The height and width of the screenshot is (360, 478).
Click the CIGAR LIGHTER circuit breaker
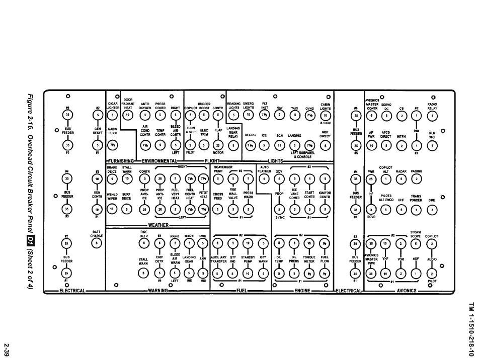click(113, 115)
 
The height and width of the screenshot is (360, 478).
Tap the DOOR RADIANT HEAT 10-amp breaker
click(128, 115)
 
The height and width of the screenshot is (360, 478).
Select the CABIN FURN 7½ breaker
click(113, 146)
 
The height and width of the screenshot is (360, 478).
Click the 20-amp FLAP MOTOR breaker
click(218, 146)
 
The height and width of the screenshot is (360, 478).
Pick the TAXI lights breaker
click(295, 115)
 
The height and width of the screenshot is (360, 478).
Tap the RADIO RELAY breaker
click(432, 115)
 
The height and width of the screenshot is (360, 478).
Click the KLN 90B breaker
click(432, 146)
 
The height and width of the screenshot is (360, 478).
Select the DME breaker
click(431, 210)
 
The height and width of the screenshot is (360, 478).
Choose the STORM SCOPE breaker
click(415, 244)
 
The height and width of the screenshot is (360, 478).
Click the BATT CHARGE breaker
click(97, 244)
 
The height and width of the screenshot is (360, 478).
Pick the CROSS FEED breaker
click(218, 210)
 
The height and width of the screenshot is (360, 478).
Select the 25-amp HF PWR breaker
click(371, 179)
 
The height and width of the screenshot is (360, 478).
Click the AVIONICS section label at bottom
click(406, 290)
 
